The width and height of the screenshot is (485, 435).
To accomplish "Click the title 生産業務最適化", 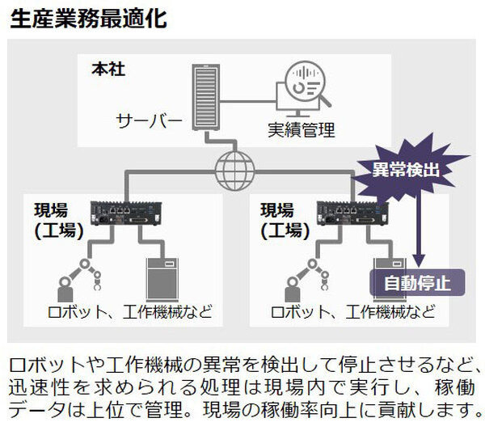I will [89, 19].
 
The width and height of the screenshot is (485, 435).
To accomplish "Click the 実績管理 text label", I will [301, 129].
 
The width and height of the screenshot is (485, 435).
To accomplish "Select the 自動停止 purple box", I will [417, 283].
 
